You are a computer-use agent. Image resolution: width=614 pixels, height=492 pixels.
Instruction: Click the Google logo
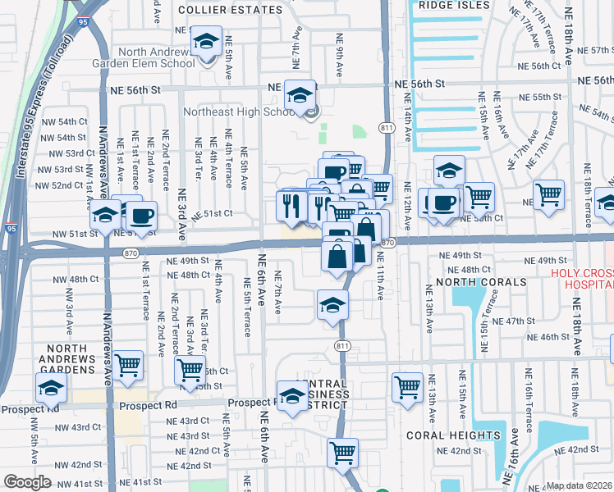(x=27, y=482)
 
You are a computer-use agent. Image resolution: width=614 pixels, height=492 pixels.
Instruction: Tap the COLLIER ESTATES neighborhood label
(x=230, y=11)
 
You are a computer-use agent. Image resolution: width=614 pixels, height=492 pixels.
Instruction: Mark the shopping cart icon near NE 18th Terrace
(x=548, y=194)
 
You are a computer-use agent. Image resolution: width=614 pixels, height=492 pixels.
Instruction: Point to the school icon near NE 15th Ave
(x=449, y=170)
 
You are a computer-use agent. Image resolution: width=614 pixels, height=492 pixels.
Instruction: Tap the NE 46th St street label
(x=548, y=337)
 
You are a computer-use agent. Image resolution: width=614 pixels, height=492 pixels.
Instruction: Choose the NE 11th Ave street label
(x=381, y=276)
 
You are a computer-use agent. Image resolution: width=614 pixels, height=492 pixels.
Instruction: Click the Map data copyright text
(x=580, y=485)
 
